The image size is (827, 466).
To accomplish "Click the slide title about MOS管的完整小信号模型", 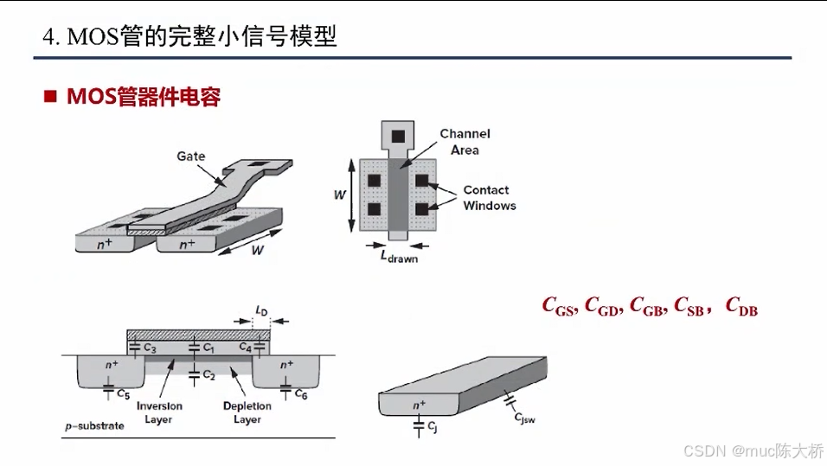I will (x=189, y=37).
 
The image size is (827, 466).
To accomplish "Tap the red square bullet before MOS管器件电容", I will (x=51, y=96).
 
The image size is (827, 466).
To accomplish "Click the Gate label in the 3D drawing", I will (x=191, y=156).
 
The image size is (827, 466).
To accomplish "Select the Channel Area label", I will (x=465, y=142).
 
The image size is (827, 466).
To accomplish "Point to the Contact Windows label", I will (x=489, y=198).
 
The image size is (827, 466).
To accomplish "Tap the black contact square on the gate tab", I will (x=398, y=137).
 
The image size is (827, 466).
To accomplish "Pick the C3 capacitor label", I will (x=150, y=348).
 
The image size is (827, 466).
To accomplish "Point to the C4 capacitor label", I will (x=246, y=348).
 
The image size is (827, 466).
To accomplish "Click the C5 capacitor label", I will (x=124, y=394).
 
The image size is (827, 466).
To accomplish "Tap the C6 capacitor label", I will (x=300, y=393).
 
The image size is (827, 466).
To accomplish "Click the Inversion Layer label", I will (x=159, y=412).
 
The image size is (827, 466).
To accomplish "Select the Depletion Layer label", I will (x=247, y=412).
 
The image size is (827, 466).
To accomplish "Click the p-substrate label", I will (x=95, y=426).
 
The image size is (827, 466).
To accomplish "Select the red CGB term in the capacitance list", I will (x=648, y=305).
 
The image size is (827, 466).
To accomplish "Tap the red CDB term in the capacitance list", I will (x=741, y=305).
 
